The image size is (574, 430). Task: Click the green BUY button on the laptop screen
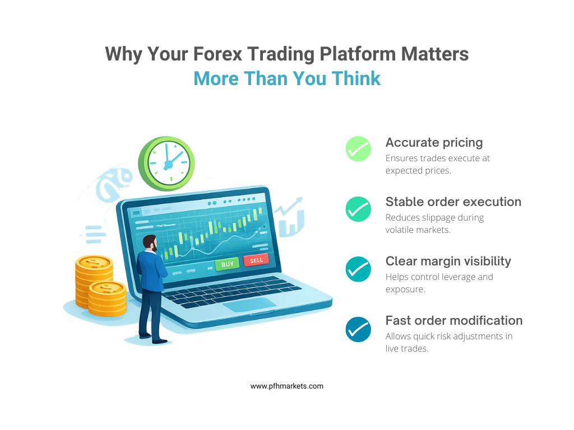[x=227, y=264]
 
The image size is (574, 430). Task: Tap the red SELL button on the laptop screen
[x=256, y=260]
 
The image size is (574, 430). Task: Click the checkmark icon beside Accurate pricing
[x=358, y=149]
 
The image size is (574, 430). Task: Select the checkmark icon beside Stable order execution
[x=358, y=209]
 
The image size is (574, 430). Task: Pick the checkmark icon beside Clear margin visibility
[x=358, y=269]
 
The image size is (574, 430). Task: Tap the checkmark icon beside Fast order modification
[x=358, y=329]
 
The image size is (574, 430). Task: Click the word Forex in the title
[x=217, y=54]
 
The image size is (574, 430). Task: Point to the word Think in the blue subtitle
[x=356, y=78]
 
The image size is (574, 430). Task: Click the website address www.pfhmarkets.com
[x=287, y=386]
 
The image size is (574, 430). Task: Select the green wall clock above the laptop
[x=166, y=163]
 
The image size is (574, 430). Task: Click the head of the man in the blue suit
[x=150, y=243]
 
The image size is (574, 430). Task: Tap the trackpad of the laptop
[x=249, y=305]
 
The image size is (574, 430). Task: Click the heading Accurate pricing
[x=434, y=143]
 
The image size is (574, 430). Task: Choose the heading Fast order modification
[x=454, y=320]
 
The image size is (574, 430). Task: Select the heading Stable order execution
[x=453, y=202]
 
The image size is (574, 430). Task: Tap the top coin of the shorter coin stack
[x=107, y=288]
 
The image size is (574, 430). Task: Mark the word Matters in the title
[x=435, y=54]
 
